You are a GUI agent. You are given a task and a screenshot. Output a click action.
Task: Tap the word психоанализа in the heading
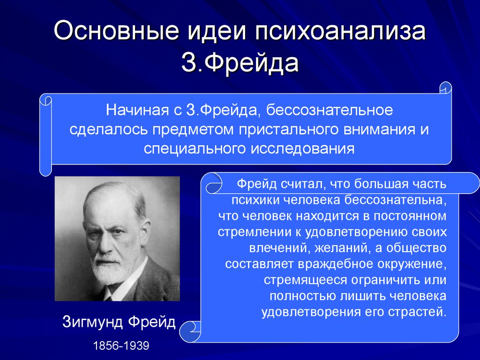340,30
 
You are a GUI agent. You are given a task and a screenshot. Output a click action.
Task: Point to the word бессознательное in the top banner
330,110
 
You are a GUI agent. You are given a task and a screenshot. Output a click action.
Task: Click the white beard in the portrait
108,270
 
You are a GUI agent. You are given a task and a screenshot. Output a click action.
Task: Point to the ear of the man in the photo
146,232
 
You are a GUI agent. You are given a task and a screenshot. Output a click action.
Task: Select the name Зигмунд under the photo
92,322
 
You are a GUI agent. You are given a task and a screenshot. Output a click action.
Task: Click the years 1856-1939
121,346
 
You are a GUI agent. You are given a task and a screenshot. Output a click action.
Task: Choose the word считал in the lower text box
303,184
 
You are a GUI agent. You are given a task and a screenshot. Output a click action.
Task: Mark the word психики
255,200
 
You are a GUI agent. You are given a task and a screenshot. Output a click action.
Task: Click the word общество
416,247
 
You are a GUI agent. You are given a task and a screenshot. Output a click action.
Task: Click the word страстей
418,312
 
